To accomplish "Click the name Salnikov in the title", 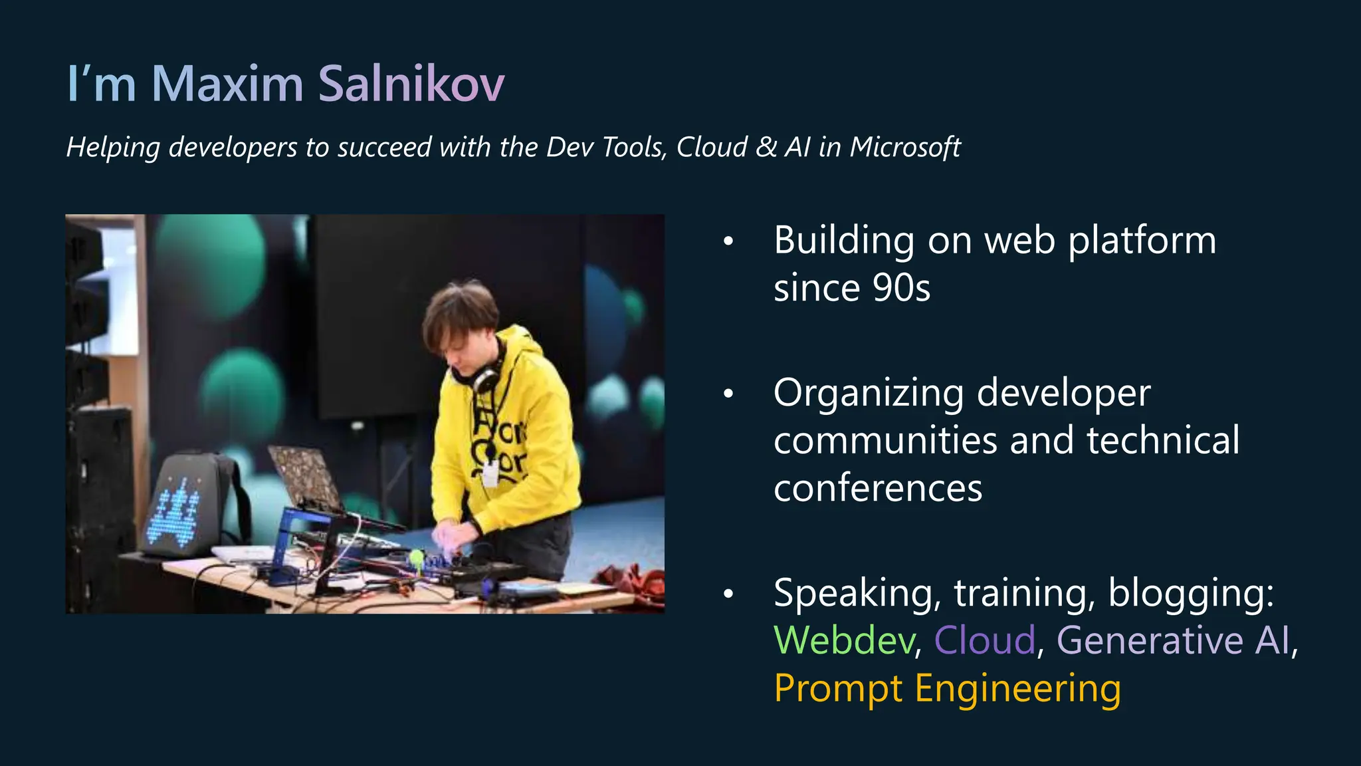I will coord(411,84).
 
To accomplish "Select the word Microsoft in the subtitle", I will coord(905,148).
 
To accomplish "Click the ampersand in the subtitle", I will coord(766,148).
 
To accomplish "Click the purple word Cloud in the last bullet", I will coord(984,640).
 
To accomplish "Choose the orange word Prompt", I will coord(837,689).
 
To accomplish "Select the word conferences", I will coord(877,489).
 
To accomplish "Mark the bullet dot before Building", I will coord(728,242).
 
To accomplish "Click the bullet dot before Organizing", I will coord(728,394).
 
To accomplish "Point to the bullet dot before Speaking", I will coord(728,594).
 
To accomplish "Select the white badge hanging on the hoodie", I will coord(490,475).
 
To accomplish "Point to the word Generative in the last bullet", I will coord(1150,640).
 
